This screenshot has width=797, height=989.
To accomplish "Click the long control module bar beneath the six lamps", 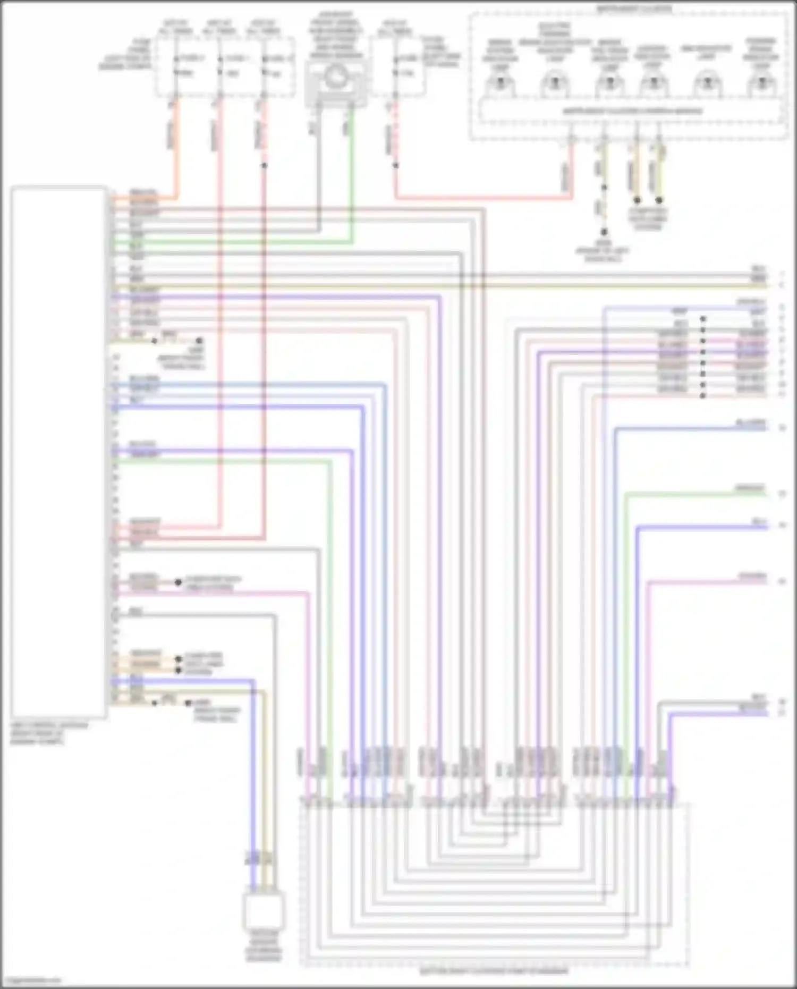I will point(632,112).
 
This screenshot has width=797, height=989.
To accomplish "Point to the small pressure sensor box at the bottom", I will point(264,911).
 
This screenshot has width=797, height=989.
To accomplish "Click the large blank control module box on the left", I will point(58,452).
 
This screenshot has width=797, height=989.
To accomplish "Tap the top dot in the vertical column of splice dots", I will point(703,319).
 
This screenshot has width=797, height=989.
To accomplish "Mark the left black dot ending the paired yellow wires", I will point(637,200).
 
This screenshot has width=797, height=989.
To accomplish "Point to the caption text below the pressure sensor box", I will point(264,946).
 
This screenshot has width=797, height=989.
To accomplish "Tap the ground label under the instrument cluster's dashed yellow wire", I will point(603,250).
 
